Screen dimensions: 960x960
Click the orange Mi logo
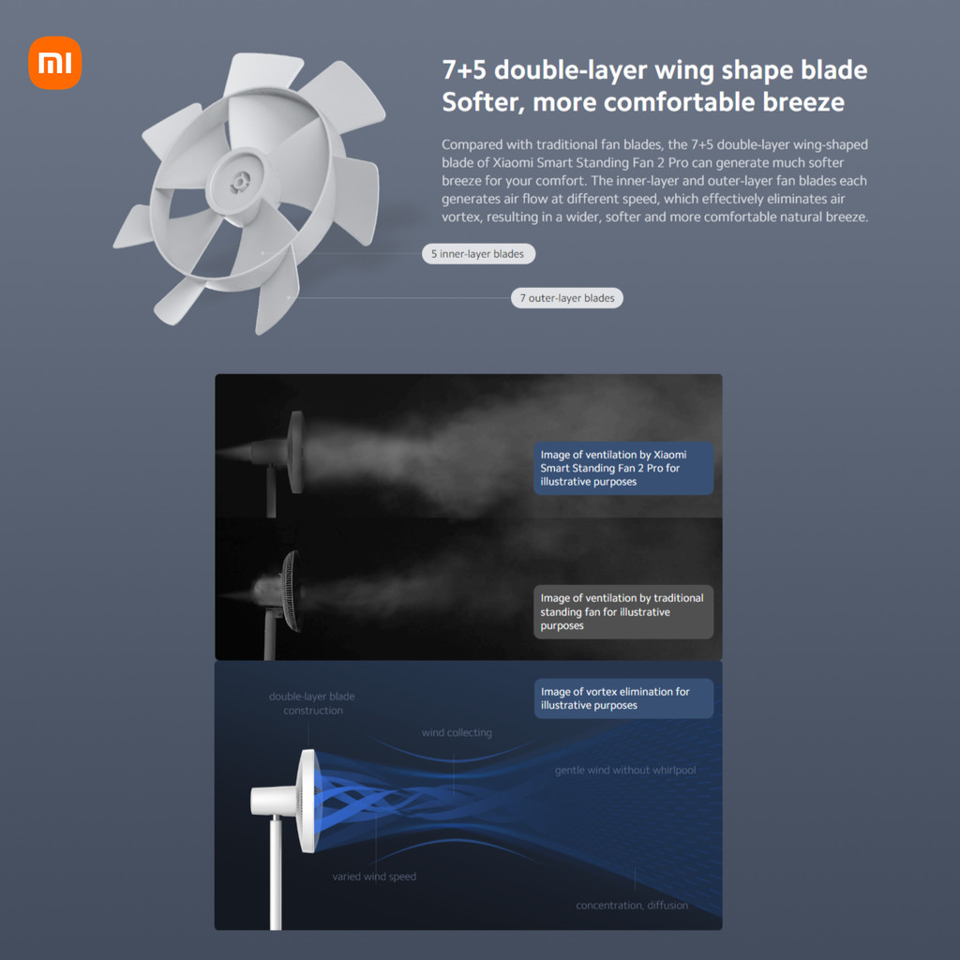click(x=54, y=63)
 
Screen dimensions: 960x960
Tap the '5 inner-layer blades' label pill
click(x=478, y=253)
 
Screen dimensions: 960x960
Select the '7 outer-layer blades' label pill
click(x=567, y=298)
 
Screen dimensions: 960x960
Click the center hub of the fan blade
click(x=239, y=182)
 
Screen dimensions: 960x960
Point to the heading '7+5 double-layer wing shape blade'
click(x=654, y=70)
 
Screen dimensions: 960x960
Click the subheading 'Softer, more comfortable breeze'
click(x=643, y=102)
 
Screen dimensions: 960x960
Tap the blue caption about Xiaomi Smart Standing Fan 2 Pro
click(x=623, y=469)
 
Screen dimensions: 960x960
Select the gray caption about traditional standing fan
click(x=623, y=611)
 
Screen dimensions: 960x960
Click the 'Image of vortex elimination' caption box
click(x=623, y=698)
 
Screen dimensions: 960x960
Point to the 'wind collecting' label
click(x=457, y=733)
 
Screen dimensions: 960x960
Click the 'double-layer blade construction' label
click(x=312, y=703)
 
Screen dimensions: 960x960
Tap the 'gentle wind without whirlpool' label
click(x=625, y=771)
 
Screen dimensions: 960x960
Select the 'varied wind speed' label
click(x=374, y=877)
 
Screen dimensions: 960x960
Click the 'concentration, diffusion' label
click(x=632, y=906)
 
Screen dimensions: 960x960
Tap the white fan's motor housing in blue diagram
click(x=273, y=802)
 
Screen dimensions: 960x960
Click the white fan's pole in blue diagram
click(x=277, y=873)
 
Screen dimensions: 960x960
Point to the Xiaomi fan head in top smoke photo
click(x=295, y=452)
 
